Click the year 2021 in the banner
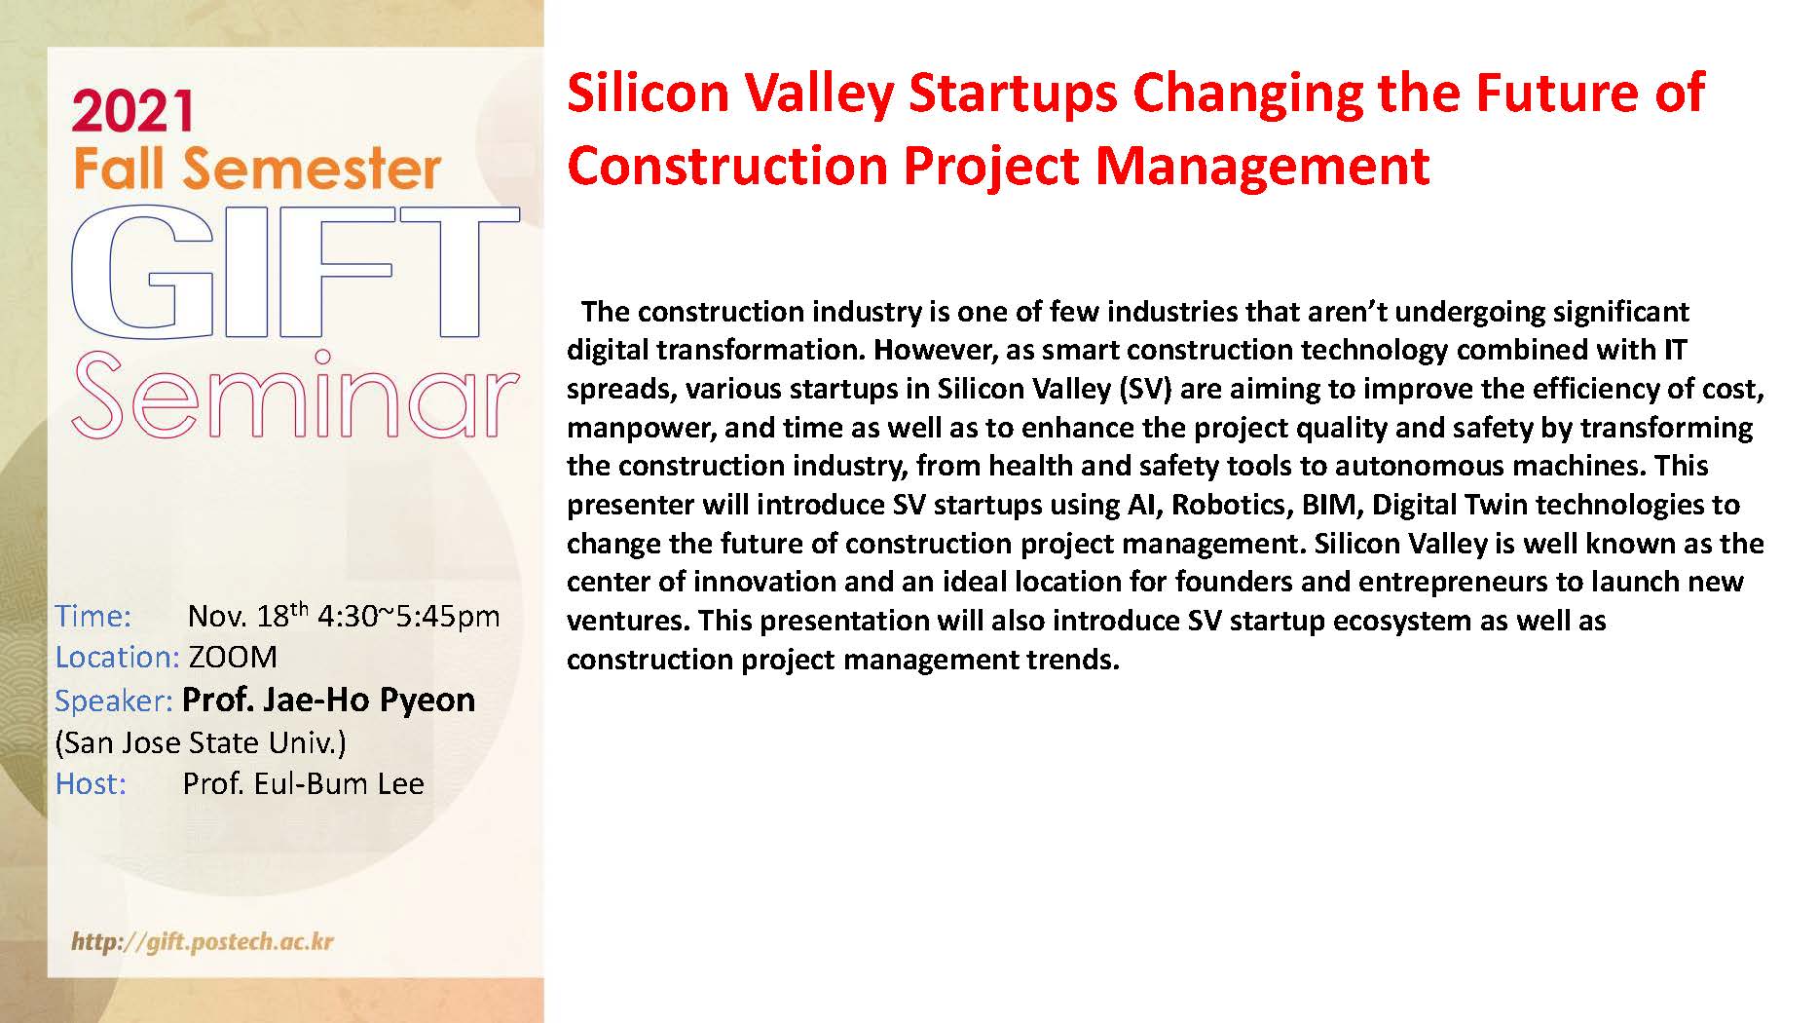point(132,111)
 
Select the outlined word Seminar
point(294,397)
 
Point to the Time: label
point(93,616)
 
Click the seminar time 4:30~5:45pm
point(409,617)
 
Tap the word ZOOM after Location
point(233,658)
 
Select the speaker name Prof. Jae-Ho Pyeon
point(329,700)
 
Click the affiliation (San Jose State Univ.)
point(201,742)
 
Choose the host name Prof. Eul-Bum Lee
point(304,783)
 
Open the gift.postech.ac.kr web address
point(203,942)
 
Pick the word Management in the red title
point(1263,165)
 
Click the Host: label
point(91,783)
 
